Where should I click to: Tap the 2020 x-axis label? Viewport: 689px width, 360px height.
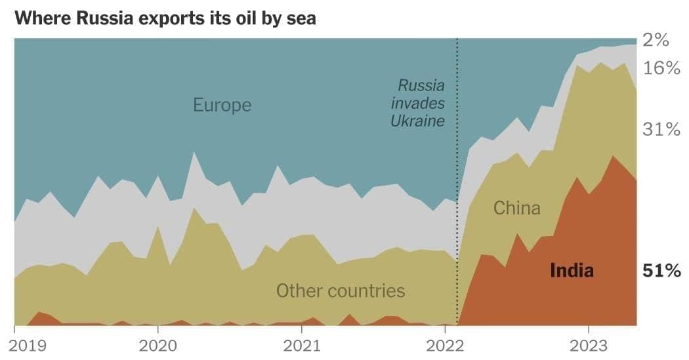click(x=157, y=346)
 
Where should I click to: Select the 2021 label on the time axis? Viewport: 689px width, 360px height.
click(x=301, y=346)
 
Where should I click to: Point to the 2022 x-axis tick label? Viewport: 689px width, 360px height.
click(x=445, y=346)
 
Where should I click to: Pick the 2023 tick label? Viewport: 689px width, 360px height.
click(x=589, y=346)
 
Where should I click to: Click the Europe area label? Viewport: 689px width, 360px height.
click(x=222, y=105)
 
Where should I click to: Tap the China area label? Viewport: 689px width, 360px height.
click(x=517, y=209)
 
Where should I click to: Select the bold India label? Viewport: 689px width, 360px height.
click(x=572, y=270)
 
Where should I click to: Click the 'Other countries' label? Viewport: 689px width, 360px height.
click(x=341, y=290)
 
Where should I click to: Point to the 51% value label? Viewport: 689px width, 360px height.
click(x=661, y=270)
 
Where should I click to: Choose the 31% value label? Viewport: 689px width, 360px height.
click(x=661, y=130)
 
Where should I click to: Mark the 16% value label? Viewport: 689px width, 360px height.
click(x=661, y=68)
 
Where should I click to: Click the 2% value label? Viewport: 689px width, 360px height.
click(x=656, y=41)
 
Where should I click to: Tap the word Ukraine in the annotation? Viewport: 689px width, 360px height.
click(x=418, y=121)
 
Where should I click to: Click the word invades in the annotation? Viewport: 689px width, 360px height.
click(x=419, y=103)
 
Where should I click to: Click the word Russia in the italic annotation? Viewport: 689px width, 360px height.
click(x=421, y=85)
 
